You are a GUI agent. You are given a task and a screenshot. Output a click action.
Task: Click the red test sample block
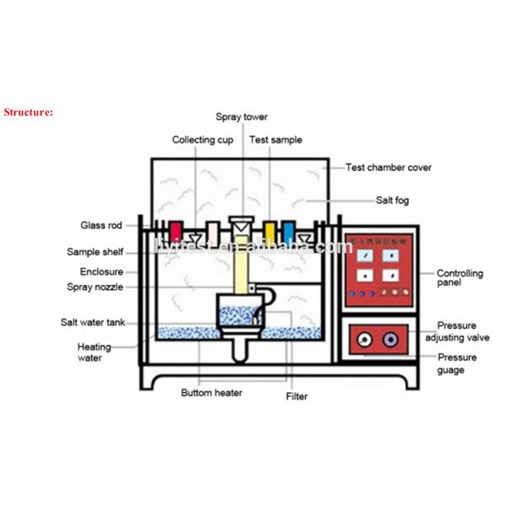tap(176, 231)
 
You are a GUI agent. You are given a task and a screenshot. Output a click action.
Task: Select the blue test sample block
tap(287, 231)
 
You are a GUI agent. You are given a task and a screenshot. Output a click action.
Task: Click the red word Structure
tap(29, 111)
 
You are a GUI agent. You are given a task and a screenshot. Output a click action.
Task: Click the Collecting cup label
tap(203, 139)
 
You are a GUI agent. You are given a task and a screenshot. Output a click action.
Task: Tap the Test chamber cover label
tap(388, 167)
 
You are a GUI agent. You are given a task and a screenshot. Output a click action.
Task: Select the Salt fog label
tap(393, 200)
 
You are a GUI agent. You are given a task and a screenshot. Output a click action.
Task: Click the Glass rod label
tap(101, 226)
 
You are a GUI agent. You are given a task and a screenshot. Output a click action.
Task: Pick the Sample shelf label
tap(95, 252)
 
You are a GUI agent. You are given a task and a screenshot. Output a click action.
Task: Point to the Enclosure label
tap(101, 272)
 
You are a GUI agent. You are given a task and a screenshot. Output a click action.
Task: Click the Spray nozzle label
tap(95, 287)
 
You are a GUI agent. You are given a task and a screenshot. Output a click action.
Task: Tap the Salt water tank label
tap(92, 322)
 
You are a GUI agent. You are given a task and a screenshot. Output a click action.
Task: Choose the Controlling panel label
tap(460, 279)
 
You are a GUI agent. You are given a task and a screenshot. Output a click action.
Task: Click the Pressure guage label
tap(457, 363)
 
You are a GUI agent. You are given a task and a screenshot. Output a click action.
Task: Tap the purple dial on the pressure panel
tap(390, 340)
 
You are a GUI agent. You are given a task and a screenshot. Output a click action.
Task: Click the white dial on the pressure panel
tap(364, 340)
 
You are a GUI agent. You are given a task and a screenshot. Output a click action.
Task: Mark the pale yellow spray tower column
tap(242, 270)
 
